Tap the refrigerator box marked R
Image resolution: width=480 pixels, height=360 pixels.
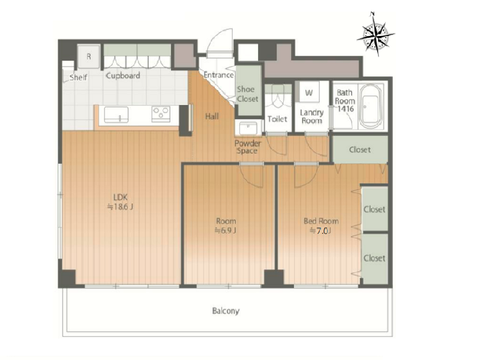point(89,56)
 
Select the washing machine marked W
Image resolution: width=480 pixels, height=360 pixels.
point(309,92)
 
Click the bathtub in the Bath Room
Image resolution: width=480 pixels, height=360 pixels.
point(370,106)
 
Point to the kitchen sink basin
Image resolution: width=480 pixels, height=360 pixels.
point(116,115)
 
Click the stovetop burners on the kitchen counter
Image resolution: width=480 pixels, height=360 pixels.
point(161,114)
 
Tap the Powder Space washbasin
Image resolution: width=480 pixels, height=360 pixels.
point(248,128)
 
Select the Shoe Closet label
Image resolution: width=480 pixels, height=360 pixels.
point(248,94)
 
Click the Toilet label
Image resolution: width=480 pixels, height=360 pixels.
point(277,119)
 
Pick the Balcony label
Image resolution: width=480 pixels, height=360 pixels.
point(226,311)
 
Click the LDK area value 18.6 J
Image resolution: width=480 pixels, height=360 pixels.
point(120,207)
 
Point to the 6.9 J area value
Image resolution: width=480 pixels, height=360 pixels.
point(226,230)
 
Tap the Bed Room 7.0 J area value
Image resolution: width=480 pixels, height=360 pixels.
point(321,231)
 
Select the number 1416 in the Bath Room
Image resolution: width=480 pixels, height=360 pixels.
point(346,109)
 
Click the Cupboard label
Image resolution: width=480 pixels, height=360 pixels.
point(123,76)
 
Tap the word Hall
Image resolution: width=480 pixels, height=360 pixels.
point(212,116)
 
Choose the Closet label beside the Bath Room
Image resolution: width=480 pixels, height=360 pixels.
point(360,149)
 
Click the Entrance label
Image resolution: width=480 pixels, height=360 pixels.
point(218,75)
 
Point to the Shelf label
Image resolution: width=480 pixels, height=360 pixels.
point(79,77)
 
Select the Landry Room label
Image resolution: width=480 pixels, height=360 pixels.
point(311,116)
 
